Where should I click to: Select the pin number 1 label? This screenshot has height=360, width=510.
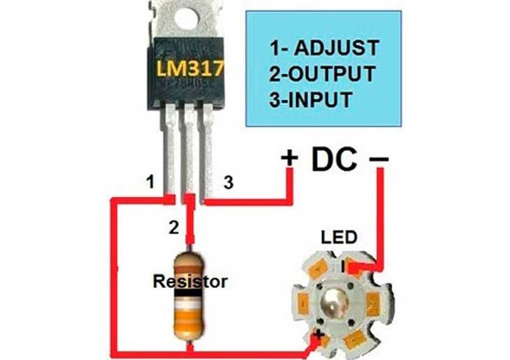click(149, 182)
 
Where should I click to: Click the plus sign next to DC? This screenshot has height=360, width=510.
click(289, 159)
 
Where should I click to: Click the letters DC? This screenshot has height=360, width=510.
click(334, 159)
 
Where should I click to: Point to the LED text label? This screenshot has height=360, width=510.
click(339, 238)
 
